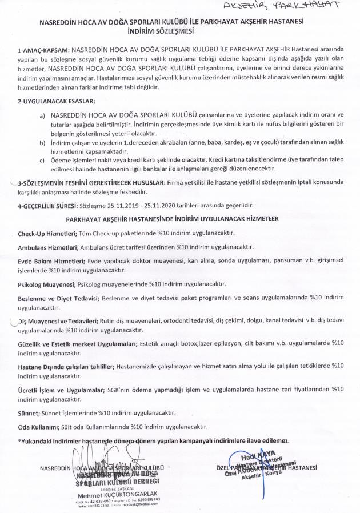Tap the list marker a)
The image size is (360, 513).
pos(42,115)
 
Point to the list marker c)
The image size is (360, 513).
pos(42,159)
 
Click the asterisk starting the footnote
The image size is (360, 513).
pos(19,440)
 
